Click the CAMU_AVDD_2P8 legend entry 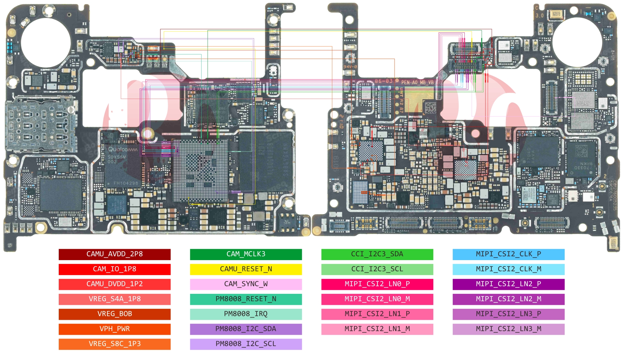pos(115,254)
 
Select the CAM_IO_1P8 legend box pos(115,269)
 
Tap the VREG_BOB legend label pos(115,314)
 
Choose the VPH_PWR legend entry pos(115,329)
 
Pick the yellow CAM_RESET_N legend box pos(246,269)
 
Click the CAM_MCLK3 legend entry pos(246,254)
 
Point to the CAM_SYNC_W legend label pos(246,284)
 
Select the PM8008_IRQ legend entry pos(246,314)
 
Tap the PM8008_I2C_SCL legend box pos(246,344)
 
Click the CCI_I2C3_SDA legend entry pos(377,254)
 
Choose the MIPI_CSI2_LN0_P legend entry pos(377,284)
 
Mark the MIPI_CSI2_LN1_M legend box pos(377,329)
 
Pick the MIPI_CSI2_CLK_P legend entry pos(508,254)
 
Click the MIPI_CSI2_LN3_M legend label pos(508,329)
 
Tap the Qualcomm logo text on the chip pos(122,150)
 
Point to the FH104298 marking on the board pos(126,184)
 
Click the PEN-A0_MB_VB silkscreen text pos(417,82)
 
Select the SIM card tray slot pos(41,125)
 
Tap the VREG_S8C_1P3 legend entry pos(115,344)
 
